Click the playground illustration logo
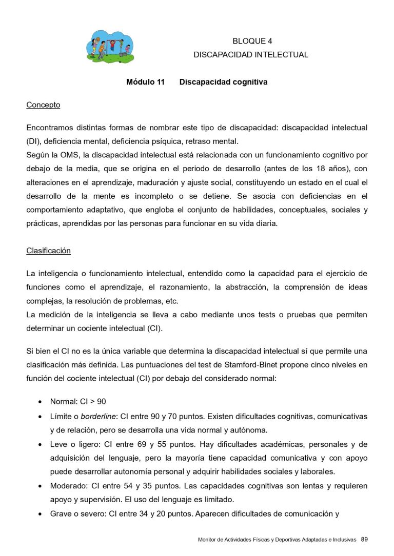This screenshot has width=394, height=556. [110, 47]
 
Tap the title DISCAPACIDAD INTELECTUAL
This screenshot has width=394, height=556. [251, 54]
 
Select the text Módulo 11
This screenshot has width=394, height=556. [145, 82]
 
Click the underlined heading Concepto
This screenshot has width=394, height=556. [43, 105]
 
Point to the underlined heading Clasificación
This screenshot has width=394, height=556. [48, 251]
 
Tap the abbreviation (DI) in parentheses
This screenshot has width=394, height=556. [33, 141]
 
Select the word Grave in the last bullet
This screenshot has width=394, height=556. [61, 512]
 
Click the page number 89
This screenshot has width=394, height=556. [364, 539]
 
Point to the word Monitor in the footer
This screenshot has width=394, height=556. [207, 540]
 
